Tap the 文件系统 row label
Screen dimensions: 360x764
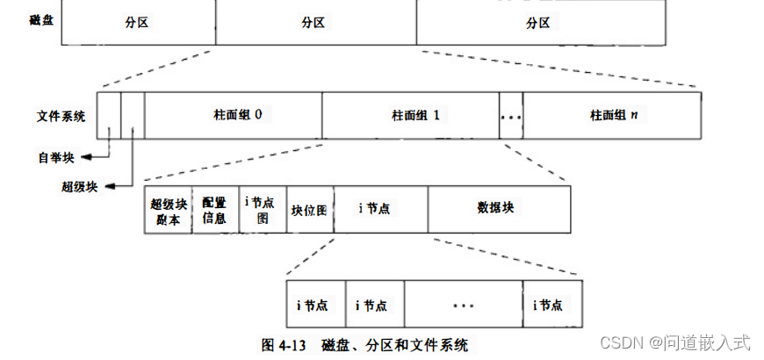click(61, 115)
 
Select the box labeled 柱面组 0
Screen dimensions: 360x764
click(233, 115)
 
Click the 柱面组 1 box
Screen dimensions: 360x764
click(410, 115)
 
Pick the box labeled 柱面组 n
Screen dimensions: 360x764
click(612, 115)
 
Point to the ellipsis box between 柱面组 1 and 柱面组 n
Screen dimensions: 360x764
click(510, 115)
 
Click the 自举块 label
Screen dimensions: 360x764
click(56, 158)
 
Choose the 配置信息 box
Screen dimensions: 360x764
click(215, 210)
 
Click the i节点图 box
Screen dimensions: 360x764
click(263, 210)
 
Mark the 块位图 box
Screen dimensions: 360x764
click(310, 210)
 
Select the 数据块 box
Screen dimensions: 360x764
click(499, 209)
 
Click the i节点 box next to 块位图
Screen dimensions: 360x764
click(380, 209)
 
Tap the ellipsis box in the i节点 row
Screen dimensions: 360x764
click(463, 305)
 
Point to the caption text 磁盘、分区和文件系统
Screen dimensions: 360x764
click(394, 345)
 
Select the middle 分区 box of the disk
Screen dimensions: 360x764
click(315, 23)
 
